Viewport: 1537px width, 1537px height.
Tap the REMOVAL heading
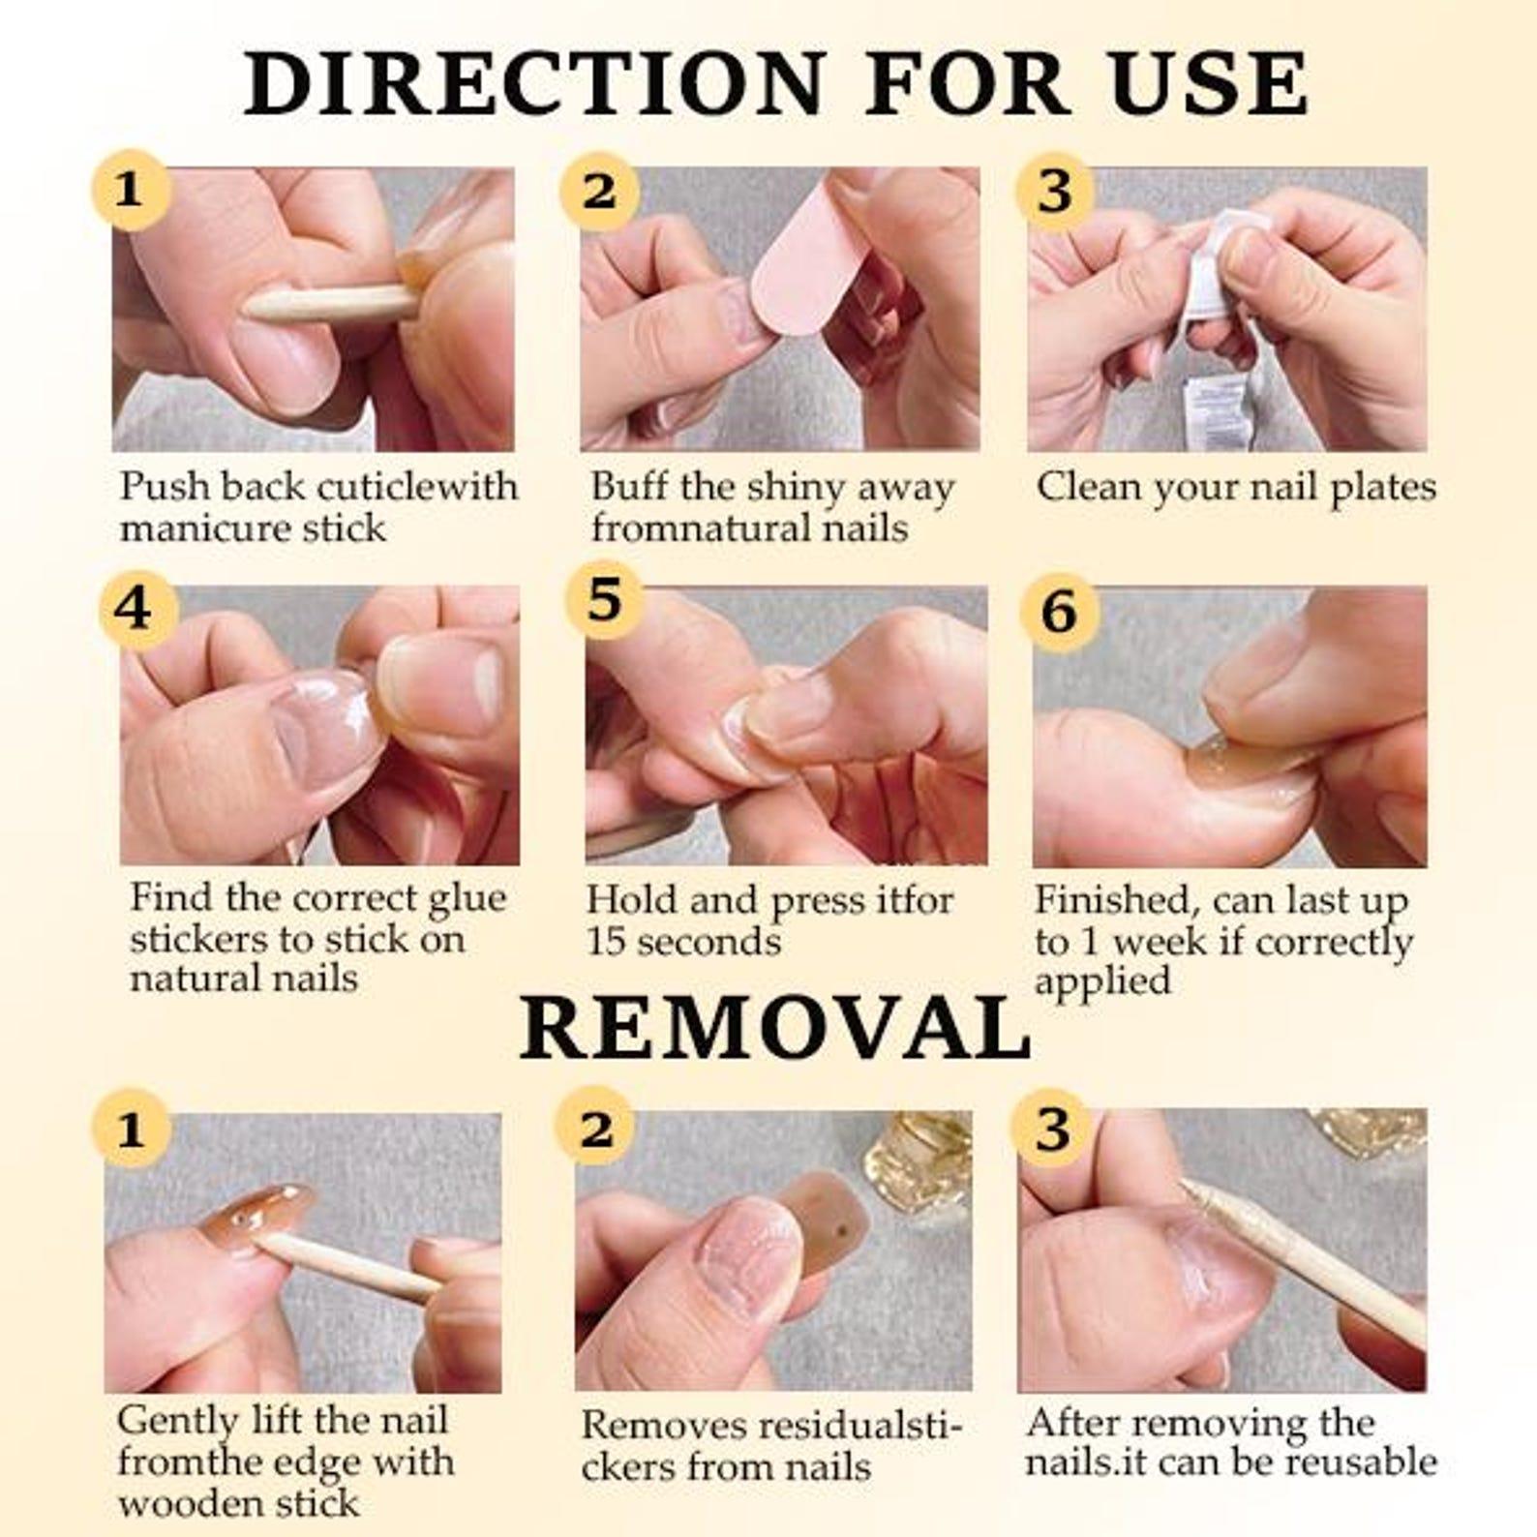click(x=775, y=1028)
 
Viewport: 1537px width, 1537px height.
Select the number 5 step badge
click(x=605, y=600)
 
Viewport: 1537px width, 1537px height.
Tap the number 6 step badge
click(x=1060, y=612)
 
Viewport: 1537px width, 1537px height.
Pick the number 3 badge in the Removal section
click(x=1053, y=1129)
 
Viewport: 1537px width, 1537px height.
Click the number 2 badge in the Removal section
click(x=597, y=1129)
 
